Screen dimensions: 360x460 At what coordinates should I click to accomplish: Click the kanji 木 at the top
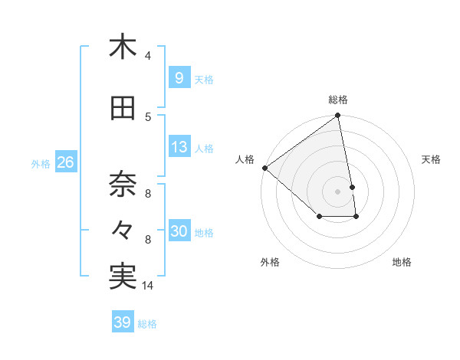point(123,47)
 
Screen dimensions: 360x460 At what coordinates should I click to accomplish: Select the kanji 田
point(123,110)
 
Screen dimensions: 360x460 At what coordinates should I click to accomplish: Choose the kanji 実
point(123,277)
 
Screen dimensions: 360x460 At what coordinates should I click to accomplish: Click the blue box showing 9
point(179,78)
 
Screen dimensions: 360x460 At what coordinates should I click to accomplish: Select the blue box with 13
point(179,148)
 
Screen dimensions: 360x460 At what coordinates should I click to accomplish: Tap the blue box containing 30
point(179,232)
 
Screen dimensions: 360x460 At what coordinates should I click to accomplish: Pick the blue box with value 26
point(65,162)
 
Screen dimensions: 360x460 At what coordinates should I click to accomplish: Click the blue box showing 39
point(122,322)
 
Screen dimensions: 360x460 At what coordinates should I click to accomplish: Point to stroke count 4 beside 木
point(148,56)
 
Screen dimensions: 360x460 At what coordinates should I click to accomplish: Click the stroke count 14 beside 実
point(148,286)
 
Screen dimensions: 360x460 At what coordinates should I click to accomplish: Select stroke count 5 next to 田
point(148,117)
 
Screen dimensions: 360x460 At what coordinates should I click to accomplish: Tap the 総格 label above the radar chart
point(338,100)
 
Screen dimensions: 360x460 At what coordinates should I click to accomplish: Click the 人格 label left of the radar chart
point(245,159)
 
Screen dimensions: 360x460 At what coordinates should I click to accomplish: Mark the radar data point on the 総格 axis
point(338,116)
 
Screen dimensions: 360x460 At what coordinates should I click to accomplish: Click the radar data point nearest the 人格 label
point(264,168)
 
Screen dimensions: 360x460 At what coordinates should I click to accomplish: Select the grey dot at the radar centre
point(338,191)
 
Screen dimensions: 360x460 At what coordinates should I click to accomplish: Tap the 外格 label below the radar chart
point(270,262)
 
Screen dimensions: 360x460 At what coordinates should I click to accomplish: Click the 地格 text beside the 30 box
point(204,233)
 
